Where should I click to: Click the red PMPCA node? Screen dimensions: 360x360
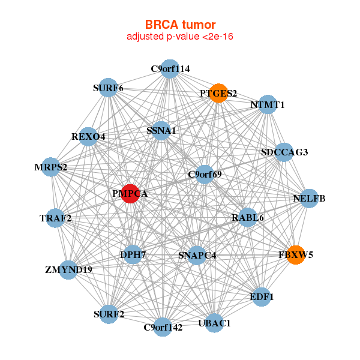(x=130, y=194)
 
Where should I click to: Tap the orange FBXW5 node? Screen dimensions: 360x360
(x=295, y=254)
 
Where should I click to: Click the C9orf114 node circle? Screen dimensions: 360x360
(x=170, y=69)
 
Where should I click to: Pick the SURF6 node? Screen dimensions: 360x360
(x=108, y=88)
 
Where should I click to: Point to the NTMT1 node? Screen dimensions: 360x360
(x=267, y=105)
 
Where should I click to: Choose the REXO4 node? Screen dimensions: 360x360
(x=89, y=136)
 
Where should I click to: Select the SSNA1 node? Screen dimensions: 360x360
(x=161, y=130)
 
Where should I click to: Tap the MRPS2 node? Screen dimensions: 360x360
(x=51, y=166)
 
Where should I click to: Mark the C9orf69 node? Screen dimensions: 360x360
(x=205, y=175)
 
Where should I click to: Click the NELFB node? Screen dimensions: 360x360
(x=308, y=198)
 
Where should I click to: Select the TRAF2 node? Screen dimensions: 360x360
(x=56, y=218)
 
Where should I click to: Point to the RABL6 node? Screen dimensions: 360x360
(x=247, y=217)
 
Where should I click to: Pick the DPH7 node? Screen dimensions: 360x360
(x=133, y=254)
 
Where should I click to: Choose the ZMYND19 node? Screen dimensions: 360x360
(x=68, y=269)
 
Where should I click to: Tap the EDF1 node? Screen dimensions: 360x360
(x=262, y=296)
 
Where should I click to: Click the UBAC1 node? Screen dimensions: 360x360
(x=214, y=323)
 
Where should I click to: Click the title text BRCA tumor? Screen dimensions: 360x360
(x=180, y=25)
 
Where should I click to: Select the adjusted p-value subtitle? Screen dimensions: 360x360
(x=180, y=37)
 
